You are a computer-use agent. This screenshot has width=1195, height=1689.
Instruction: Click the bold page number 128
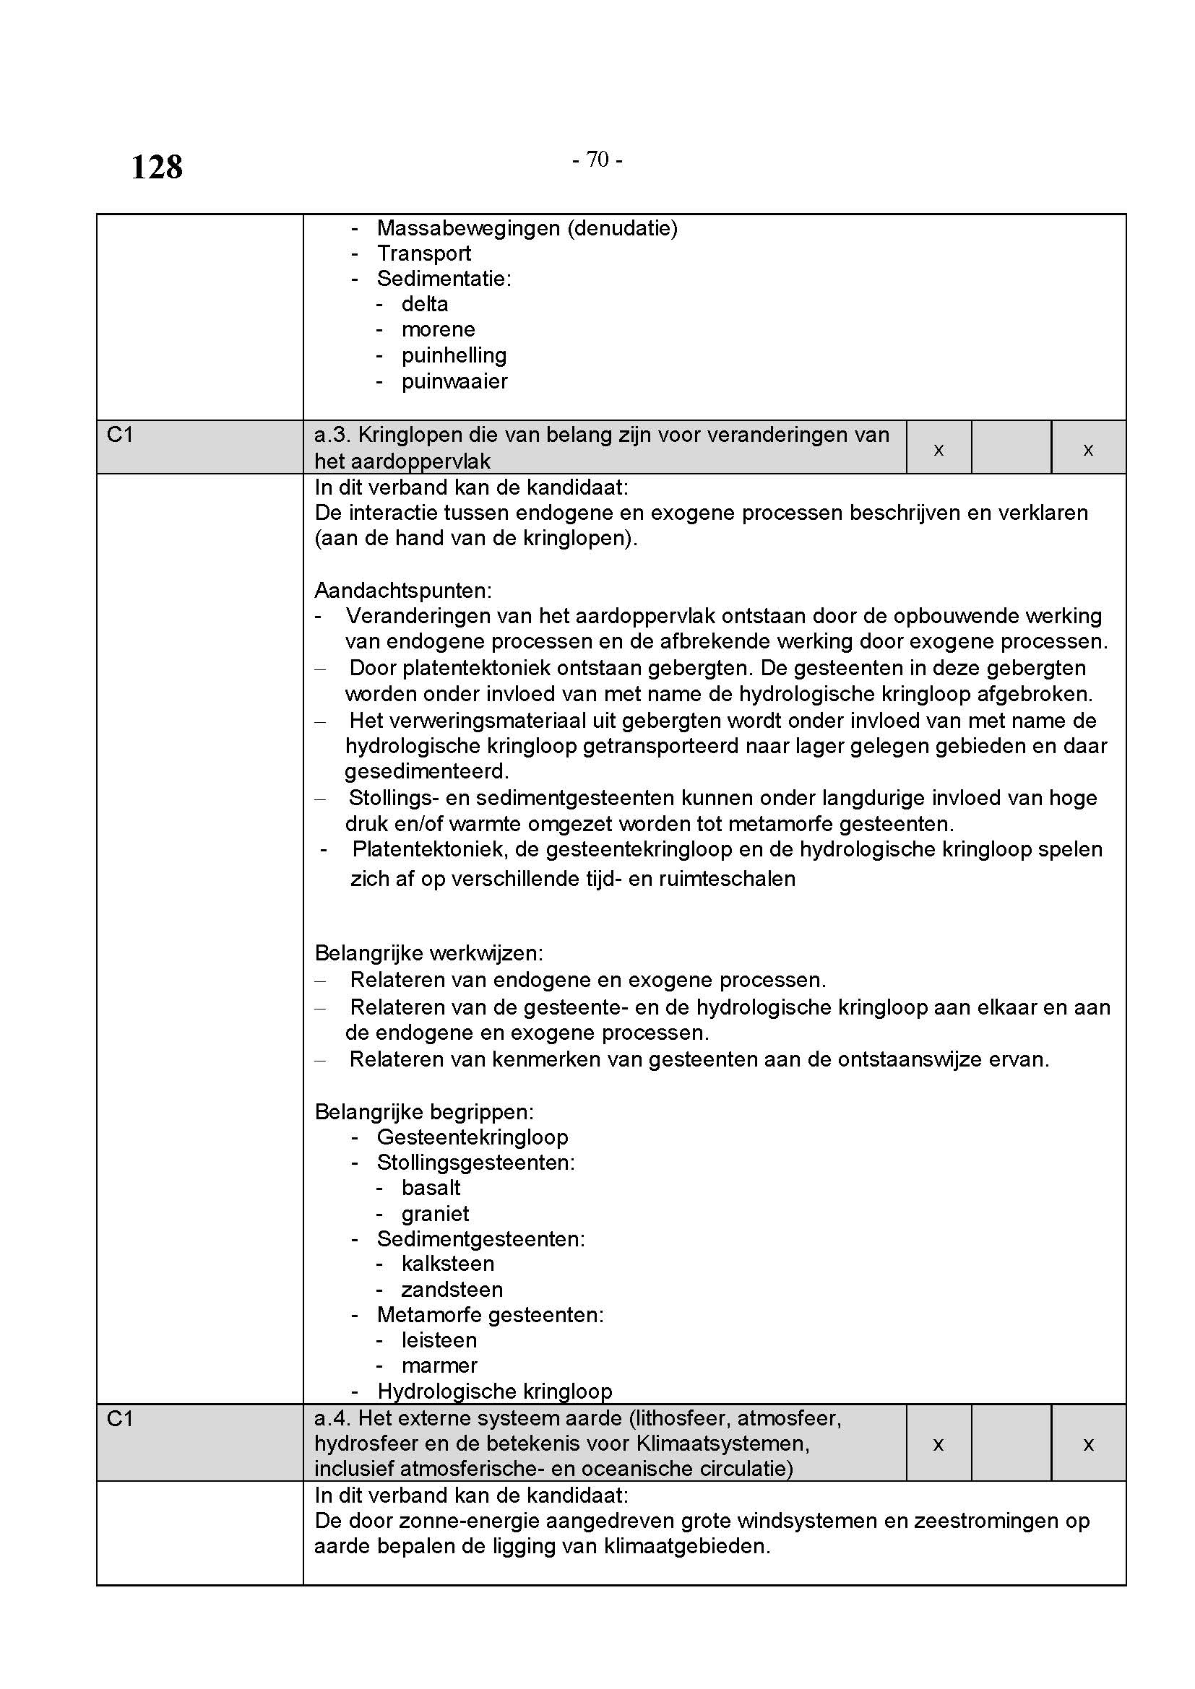pyautogui.click(x=156, y=167)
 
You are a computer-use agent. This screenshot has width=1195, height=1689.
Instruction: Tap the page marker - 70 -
pyautogui.click(x=597, y=160)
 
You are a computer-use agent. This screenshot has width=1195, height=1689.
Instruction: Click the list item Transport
pyautogui.click(x=424, y=253)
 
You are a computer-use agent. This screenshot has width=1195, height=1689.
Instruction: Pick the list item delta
pyautogui.click(x=425, y=304)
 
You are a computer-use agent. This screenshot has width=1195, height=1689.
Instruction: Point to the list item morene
pyautogui.click(x=438, y=329)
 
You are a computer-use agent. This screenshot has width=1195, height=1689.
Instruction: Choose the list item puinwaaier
pyautogui.click(x=454, y=381)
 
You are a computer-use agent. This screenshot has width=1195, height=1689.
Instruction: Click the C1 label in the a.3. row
pyautogui.click(x=120, y=435)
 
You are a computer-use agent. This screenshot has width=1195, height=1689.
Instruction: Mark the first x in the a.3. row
pyautogui.click(x=939, y=449)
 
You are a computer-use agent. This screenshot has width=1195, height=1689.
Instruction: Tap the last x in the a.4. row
pyautogui.click(x=1088, y=1444)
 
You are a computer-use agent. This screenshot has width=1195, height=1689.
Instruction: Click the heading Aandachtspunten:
pyautogui.click(x=402, y=590)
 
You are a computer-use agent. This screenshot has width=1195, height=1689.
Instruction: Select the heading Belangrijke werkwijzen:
pyautogui.click(x=428, y=953)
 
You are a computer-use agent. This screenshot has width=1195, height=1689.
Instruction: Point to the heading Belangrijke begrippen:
pyautogui.click(x=424, y=1111)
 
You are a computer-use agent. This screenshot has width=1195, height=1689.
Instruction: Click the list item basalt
pyautogui.click(x=431, y=1188)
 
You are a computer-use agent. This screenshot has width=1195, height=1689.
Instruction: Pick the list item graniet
pyautogui.click(x=435, y=1214)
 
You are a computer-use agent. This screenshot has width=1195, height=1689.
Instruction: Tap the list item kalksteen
pyautogui.click(x=447, y=1264)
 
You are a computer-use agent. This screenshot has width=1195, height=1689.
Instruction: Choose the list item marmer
pyautogui.click(x=439, y=1365)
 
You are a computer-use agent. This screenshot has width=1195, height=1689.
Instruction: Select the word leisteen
pyautogui.click(x=439, y=1340)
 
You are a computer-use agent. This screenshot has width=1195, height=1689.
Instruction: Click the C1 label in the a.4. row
pyautogui.click(x=120, y=1418)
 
